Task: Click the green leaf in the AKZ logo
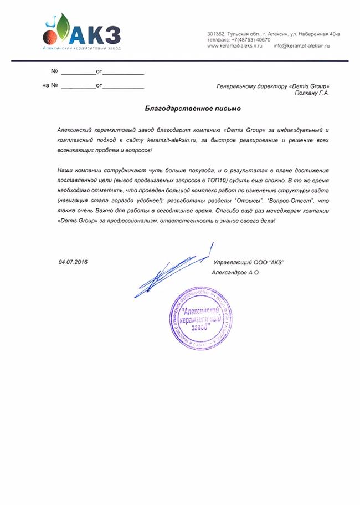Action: coord(63,27)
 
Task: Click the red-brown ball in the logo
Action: coord(49,37)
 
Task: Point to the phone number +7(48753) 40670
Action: coord(246,40)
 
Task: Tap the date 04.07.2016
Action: coord(73,261)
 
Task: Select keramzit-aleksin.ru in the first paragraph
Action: coord(168,141)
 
